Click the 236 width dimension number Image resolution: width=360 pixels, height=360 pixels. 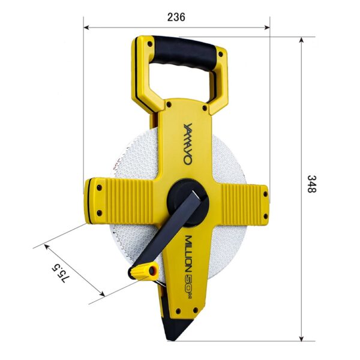point(176,17)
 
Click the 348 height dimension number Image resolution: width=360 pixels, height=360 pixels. point(312,184)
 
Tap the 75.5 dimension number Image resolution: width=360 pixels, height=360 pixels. point(60,273)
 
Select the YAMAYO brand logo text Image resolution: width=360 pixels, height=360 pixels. point(188,144)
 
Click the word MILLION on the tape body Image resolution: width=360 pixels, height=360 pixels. point(190,253)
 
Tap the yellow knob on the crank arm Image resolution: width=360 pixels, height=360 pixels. point(144,271)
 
